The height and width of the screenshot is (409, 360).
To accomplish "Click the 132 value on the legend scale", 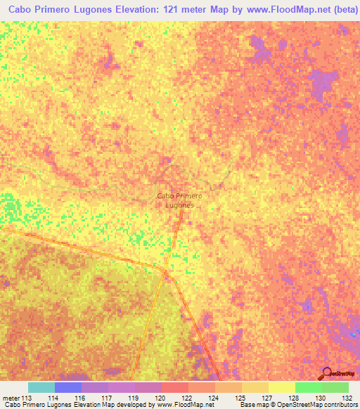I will tap(349, 398).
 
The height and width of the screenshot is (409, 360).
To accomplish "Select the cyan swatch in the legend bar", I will tap(41, 387).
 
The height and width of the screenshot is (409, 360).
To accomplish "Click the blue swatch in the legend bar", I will tap(68, 387).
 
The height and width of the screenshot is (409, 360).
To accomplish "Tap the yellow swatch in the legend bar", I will tap(282, 387).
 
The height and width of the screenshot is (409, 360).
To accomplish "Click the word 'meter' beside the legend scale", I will tap(11, 398).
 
